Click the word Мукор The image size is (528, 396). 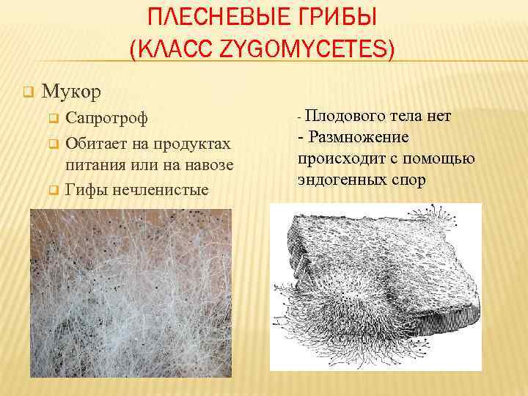72,92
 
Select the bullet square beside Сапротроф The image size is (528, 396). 52,118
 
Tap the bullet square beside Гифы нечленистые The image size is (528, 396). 52,191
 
